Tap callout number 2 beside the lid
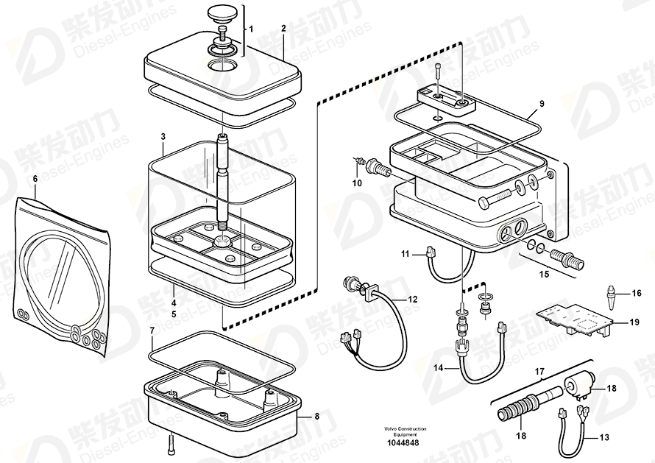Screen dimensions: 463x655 [x=283, y=28]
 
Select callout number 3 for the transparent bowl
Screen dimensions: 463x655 [x=163, y=136]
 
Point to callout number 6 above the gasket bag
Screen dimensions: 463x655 [x=34, y=179]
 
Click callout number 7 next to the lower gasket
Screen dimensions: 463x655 [x=152, y=331]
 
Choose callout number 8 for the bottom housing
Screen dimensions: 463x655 [x=317, y=417]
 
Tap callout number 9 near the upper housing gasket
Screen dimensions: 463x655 [x=541, y=104]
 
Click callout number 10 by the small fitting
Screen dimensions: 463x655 [x=357, y=183]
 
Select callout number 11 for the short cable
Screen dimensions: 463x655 [x=404, y=254]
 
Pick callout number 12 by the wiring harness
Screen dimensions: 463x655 [x=412, y=299]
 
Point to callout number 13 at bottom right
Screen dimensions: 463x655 [x=604, y=438]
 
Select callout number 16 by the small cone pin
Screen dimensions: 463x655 [x=637, y=293]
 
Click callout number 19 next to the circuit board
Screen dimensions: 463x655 [x=634, y=322]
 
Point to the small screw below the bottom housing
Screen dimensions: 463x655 [x=171, y=442]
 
